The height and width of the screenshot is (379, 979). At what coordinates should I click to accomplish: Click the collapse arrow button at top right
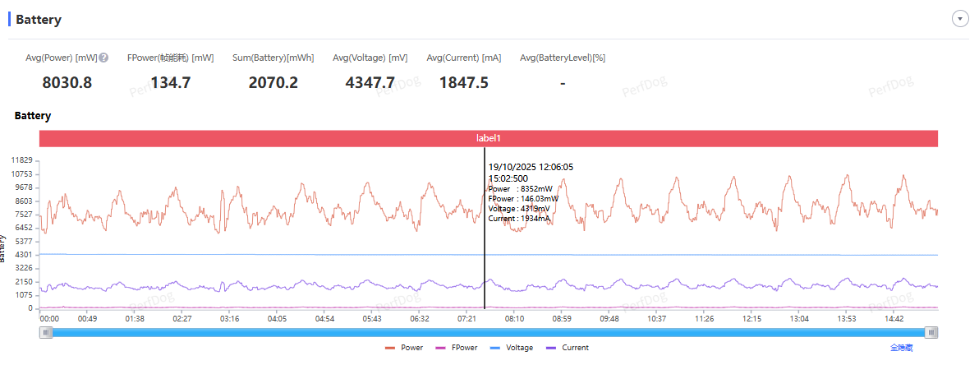pyautogui.click(x=960, y=19)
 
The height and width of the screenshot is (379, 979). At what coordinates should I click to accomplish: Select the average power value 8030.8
pyautogui.click(x=67, y=82)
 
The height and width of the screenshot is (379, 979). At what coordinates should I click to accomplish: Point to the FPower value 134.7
pyautogui.click(x=171, y=82)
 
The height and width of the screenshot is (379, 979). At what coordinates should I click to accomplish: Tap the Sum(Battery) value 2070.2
pyautogui.click(x=273, y=82)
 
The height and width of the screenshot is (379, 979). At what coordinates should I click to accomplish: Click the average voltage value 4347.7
pyautogui.click(x=370, y=82)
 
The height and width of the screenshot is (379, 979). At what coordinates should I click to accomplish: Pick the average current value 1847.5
pyautogui.click(x=464, y=82)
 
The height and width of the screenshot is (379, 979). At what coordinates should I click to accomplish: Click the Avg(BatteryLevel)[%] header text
pyautogui.click(x=563, y=58)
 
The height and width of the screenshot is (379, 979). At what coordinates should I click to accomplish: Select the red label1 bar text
pyautogui.click(x=489, y=138)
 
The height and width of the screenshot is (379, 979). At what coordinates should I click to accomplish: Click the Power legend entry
pyautogui.click(x=404, y=348)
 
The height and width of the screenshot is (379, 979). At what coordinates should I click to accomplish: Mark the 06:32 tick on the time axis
pyautogui.click(x=420, y=318)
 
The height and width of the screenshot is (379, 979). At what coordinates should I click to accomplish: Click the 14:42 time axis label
pyautogui.click(x=894, y=318)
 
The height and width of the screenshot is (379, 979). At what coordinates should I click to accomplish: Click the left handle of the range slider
pyautogui.click(x=47, y=332)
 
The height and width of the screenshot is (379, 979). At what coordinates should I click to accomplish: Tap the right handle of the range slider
pyautogui.click(x=931, y=332)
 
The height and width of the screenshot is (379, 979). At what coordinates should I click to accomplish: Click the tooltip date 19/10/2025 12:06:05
pyautogui.click(x=531, y=167)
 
